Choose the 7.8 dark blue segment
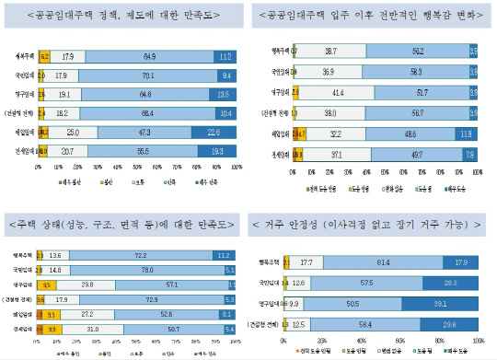pos(469,152)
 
